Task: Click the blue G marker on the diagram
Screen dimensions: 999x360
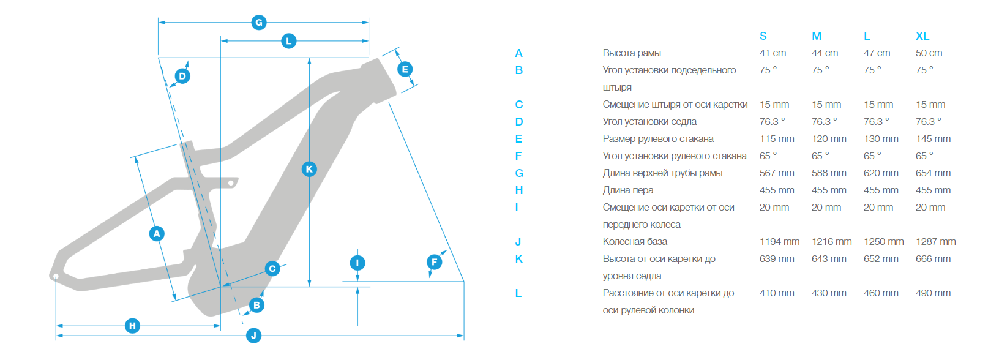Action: pyautogui.click(x=259, y=23)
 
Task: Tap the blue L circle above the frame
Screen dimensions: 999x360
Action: pyautogui.click(x=289, y=41)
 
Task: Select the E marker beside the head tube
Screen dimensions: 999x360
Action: pyautogui.click(x=405, y=69)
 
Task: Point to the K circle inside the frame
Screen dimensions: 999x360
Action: pyautogui.click(x=309, y=169)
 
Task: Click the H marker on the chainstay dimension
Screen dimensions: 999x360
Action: pyautogui.click(x=132, y=326)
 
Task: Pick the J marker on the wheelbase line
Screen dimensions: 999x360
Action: pyautogui.click(x=253, y=336)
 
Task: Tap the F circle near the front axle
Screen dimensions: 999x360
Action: pyautogui.click(x=435, y=262)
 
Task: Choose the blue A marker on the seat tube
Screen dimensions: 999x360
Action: pyautogui.click(x=157, y=233)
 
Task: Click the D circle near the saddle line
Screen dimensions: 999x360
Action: pyautogui.click(x=182, y=76)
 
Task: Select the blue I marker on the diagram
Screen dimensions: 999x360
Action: pyautogui.click(x=357, y=263)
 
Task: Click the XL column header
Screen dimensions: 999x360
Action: pyautogui.click(x=922, y=36)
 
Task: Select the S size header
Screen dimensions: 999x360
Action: pyautogui.click(x=763, y=36)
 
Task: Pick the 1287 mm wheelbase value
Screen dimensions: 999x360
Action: pyautogui.click(x=936, y=242)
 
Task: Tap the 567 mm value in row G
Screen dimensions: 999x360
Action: pyautogui.click(x=777, y=173)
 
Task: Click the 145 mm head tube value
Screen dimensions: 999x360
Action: pyautogui.click(x=933, y=139)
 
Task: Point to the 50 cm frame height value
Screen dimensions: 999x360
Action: pyautogui.click(x=929, y=53)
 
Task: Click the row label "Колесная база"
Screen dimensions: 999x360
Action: pyautogui.click(x=635, y=242)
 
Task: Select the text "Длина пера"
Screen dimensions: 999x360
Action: pyautogui.click(x=628, y=190)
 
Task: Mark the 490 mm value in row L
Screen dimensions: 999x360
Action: pyautogui.click(x=933, y=293)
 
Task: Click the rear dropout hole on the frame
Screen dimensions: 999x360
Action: pyautogui.click(x=56, y=277)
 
